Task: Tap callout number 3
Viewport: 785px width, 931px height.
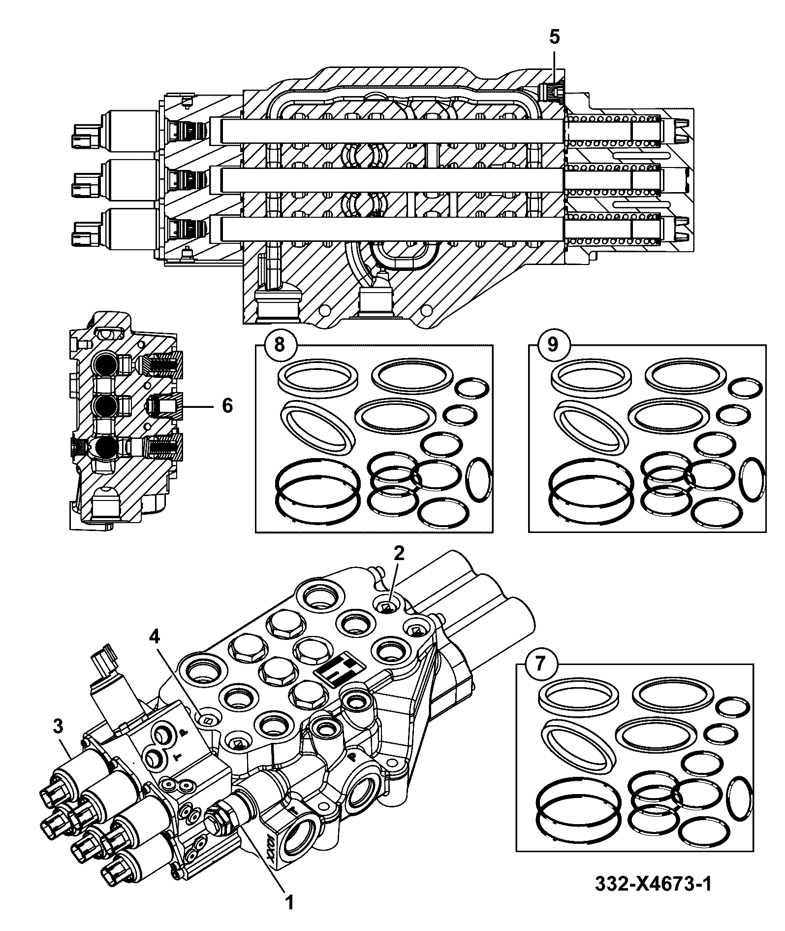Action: tap(59, 726)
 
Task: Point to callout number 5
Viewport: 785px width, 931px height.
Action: tap(554, 37)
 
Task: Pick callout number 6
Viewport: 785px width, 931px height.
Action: tap(227, 406)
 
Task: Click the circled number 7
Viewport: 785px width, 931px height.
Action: tap(540, 664)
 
